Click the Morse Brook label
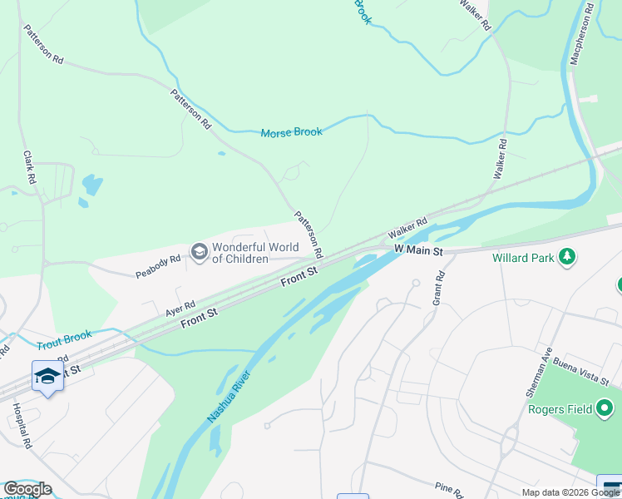click(291, 132)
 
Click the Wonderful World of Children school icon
click(199, 251)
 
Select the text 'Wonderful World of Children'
click(240, 253)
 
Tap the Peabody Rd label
click(159, 266)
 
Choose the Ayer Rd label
click(180, 309)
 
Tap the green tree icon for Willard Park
click(567, 257)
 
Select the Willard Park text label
click(522, 258)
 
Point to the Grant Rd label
click(438, 288)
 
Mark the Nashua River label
click(228, 398)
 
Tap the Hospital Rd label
click(22, 427)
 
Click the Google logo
click(27, 489)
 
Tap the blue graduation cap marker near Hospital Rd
click(47, 377)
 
